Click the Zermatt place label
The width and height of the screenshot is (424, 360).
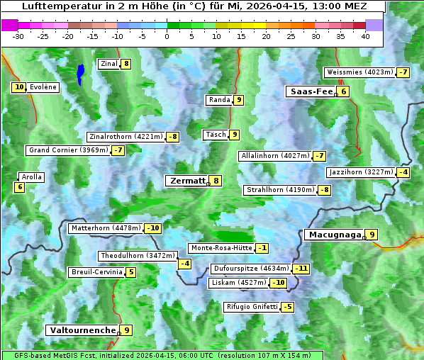click(x=187, y=181)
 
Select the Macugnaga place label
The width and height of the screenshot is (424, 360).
click(x=333, y=235)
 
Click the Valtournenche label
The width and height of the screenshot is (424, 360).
click(x=82, y=330)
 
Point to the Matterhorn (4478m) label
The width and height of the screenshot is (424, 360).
click(x=105, y=228)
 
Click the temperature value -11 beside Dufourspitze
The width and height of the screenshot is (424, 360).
click(x=301, y=269)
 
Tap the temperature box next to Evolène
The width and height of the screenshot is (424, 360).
click(x=18, y=87)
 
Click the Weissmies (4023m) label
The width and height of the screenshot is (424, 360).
click(x=359, y=72)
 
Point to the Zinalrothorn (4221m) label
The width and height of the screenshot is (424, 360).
click(x=125, y=137)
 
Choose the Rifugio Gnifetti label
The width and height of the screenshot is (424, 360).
click(x=252, y=307)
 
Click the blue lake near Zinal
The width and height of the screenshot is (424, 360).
click(x=80, y=74)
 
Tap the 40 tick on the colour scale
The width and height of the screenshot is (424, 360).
click(x=365, y=36)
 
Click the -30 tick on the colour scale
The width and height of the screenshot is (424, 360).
click(x=18, y=36)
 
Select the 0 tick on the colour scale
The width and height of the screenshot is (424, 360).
click(x=167, y=36)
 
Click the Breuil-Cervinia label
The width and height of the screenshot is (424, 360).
click(x=96, y=272)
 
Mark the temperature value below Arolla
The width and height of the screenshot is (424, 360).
click(x=19, y=187)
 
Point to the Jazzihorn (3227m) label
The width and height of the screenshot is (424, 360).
click(x=359, y=172)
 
